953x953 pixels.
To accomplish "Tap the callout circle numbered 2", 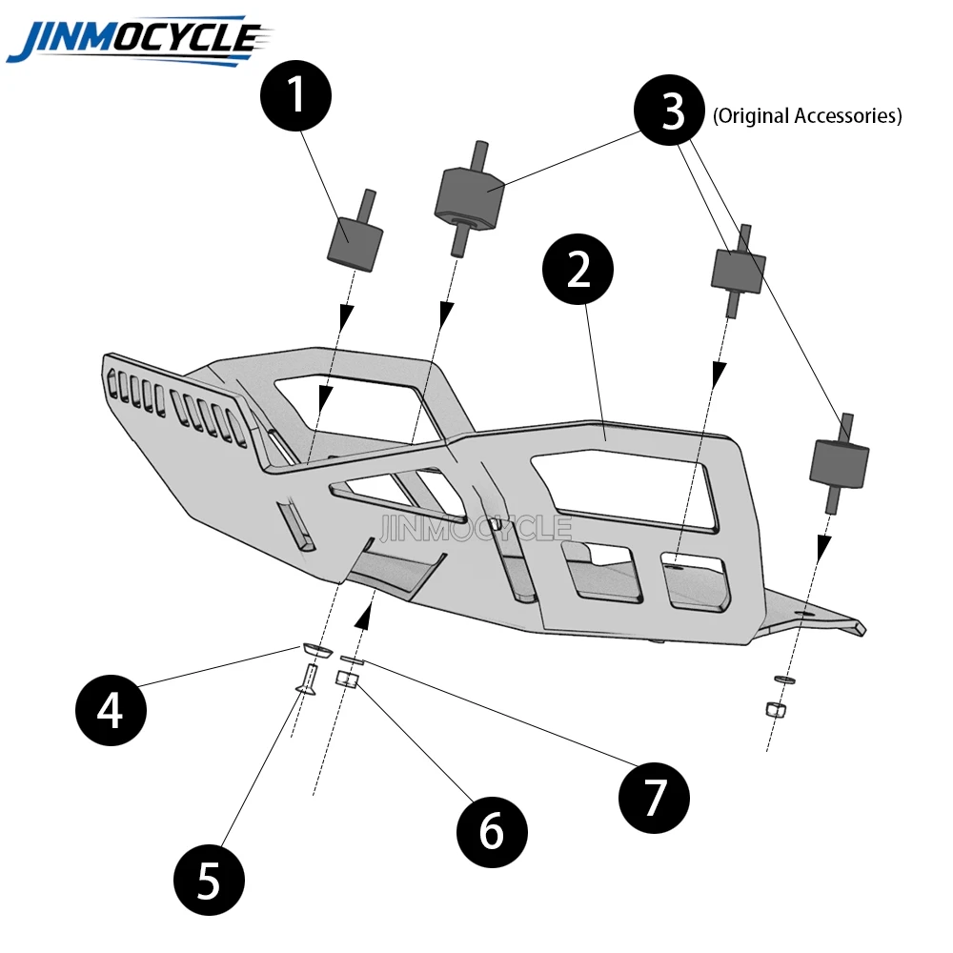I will pyautogui.click(x=578, y=273).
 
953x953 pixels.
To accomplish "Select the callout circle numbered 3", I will pyautogui.click(x=673, y=112).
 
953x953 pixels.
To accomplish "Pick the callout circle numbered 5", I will pyautogui.click(x=209, y=879).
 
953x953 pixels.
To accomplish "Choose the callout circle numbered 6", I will pyautogui.click(x=491, y=832).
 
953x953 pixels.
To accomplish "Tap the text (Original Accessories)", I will pyautogui.click(x=807, y=116).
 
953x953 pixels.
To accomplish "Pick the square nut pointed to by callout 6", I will pyautogui.click(x=348, y=679).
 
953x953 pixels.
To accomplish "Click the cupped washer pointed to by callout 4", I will pyautogui.click(x=314, y=649).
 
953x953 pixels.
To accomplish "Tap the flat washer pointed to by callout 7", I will pyautogui.click(x=352, y=659).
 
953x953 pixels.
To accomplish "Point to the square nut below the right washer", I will pyautogui.click(x=775, y=709).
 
